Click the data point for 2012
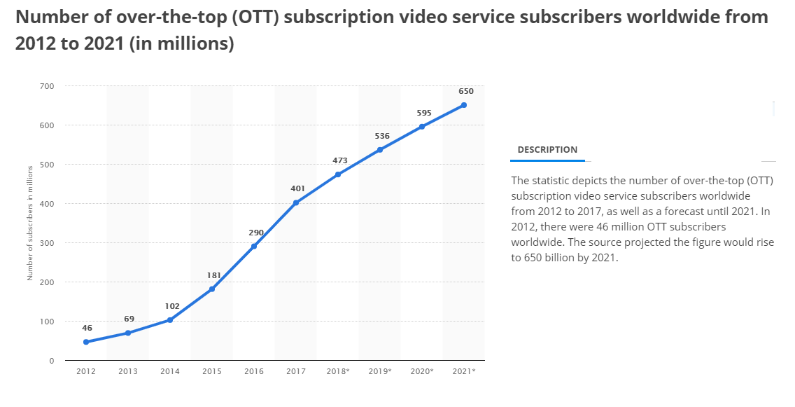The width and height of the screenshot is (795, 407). (x=86, y=342)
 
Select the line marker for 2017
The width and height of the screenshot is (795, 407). (x=296, y=202)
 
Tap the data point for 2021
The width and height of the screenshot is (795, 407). (x=464, y=105)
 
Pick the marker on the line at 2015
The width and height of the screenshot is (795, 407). (x=212, y=289)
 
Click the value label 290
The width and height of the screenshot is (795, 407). (x=256, y=232)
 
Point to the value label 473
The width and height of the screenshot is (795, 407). (x=340, y=160)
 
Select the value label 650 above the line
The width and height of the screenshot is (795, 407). (x=466, y=91)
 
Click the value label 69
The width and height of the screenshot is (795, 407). (x=129, y=319)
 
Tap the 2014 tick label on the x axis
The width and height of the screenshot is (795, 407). (x=170, y=371)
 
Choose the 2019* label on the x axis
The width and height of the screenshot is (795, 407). (x=380, y=371)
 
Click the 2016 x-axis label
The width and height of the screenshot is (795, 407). (x=254, y=371)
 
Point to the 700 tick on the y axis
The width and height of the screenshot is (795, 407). (x=48, y=86)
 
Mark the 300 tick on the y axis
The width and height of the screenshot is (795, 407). (x=48, y=243)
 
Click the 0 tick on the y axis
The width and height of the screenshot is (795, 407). (x=52, y=361)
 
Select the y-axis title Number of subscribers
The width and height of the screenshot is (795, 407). (x=30, y=223)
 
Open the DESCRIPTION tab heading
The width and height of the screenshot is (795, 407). (x=547, y=150)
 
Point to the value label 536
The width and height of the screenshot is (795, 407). (x=382, y=136)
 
